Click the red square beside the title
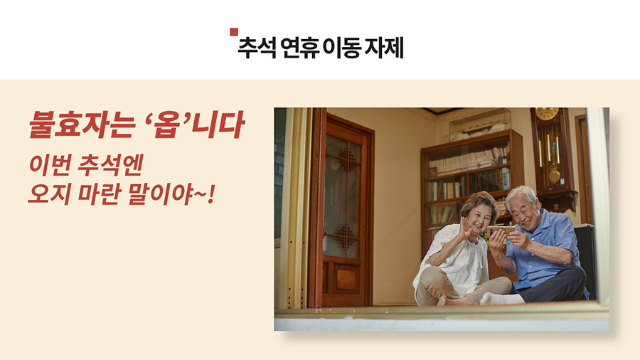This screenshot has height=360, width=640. (x=234, y=32)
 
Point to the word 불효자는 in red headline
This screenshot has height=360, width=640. (x=82, y=124)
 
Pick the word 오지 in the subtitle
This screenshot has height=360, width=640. (x=48, y=194)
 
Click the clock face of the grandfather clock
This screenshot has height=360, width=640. (x=547, y=113)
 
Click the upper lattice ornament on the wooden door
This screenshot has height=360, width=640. (x=347, y=160)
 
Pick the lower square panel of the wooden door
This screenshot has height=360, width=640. (x=346, y=280)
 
